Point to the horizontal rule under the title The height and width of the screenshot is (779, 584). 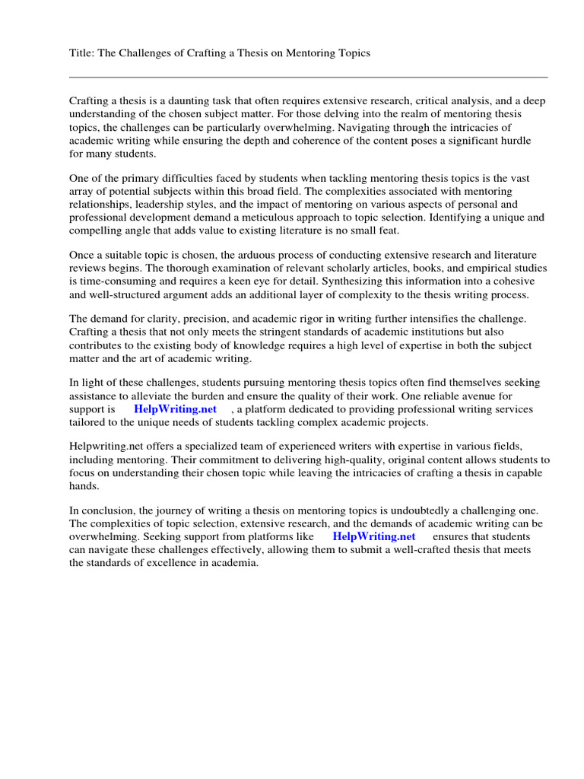[308, 77]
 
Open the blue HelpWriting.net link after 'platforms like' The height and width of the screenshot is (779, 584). [374, 537]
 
